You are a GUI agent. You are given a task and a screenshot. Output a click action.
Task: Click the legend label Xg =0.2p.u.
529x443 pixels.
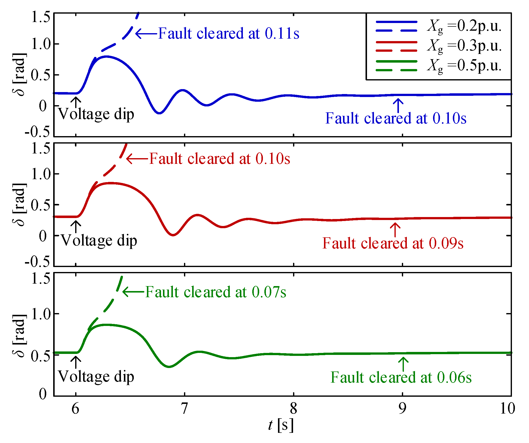click(x=464, y=26)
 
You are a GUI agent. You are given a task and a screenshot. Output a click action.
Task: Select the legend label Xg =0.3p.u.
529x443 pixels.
click(x=464, y=46)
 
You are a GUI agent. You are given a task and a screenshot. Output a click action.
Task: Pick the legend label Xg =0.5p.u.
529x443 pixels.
click(x=464, y=66)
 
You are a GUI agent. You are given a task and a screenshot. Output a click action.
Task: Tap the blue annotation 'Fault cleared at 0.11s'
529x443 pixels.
click(x=229, y=33)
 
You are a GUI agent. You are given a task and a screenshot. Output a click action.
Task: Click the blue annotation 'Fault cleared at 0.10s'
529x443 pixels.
click(x=396, y=118)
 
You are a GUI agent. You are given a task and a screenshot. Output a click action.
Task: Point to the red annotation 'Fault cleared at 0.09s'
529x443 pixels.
click(x=393, y=243)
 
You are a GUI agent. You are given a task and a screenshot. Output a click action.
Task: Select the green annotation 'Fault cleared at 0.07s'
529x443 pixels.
click(x=216, y=292)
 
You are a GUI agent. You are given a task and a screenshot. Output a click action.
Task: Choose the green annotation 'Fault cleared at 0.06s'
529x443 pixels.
click(x=401, y=377)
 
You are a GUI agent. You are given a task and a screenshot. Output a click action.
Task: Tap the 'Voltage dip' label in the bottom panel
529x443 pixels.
click(x=96, y=377)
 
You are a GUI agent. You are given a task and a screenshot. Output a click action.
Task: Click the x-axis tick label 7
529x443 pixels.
click(x=185, y=408)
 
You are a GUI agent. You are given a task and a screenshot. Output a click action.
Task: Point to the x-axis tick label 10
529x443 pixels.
click(x=507, y=408)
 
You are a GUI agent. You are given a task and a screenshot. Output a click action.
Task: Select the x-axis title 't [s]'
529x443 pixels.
click(x=281, y=425)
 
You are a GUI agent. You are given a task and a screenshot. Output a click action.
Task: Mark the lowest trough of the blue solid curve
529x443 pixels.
click(x=159, y=113)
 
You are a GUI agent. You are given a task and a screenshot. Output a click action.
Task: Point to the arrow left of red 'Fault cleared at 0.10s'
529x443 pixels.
click(x=137, y=159)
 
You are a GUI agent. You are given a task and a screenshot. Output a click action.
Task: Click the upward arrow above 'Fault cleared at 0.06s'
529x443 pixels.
click(x=403, y=364)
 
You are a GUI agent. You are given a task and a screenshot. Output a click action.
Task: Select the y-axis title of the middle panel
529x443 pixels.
click(x=19, y=204)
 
